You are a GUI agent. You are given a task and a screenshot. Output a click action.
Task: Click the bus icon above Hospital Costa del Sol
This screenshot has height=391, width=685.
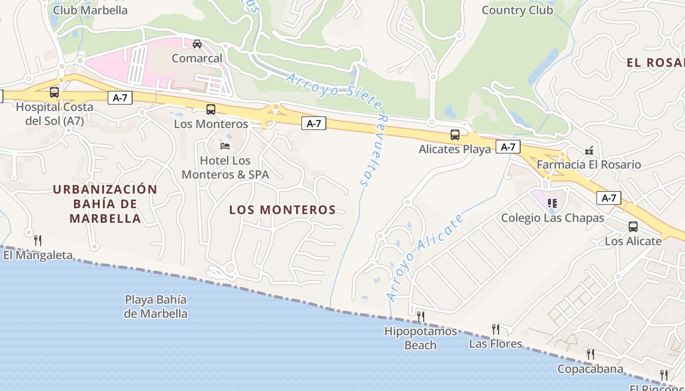click(x=54, y=92)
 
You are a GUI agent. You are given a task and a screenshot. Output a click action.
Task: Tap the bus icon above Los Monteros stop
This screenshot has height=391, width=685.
click(x=211, y=109)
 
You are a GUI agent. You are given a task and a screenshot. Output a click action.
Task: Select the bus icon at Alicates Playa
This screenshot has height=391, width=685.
click(x=455, y=135)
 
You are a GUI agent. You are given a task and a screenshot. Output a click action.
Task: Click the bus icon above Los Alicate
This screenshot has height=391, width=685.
click(x=633, y=226)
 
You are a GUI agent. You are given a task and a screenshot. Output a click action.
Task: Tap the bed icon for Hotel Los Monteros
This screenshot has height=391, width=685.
click(x=225, y=146)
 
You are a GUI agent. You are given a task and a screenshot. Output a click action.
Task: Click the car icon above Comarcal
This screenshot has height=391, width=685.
click(x=197, y=44)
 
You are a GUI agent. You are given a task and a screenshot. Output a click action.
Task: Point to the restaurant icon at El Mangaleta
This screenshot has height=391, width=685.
click(x=38, y=240)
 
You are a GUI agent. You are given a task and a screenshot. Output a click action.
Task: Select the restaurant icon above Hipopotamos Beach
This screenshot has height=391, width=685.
click(x=420, y=317)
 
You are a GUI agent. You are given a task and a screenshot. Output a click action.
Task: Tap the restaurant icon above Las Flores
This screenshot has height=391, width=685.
click(x=496, y=329)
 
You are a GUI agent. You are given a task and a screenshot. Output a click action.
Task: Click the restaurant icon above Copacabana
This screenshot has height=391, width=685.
click(x=591, y=354)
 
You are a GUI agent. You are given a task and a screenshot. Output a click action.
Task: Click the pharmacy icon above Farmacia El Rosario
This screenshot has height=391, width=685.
click(x=589, y=150)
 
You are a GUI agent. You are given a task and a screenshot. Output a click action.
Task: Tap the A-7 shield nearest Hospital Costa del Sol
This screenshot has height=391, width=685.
click(x=120, y=98)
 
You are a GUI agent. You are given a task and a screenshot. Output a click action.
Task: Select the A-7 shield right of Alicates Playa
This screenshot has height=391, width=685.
click(x=508, y=147)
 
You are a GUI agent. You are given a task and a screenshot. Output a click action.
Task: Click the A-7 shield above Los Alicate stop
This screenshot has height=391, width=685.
click(x=609, y=198)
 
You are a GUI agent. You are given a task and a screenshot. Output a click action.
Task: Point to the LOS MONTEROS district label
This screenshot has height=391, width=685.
click(x=282, y=210)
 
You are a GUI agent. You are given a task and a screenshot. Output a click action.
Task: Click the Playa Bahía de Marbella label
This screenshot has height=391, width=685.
click(x=156, y=306)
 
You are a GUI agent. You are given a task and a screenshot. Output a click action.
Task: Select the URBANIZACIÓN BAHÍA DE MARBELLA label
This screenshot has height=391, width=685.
click(x=105, y=204)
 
